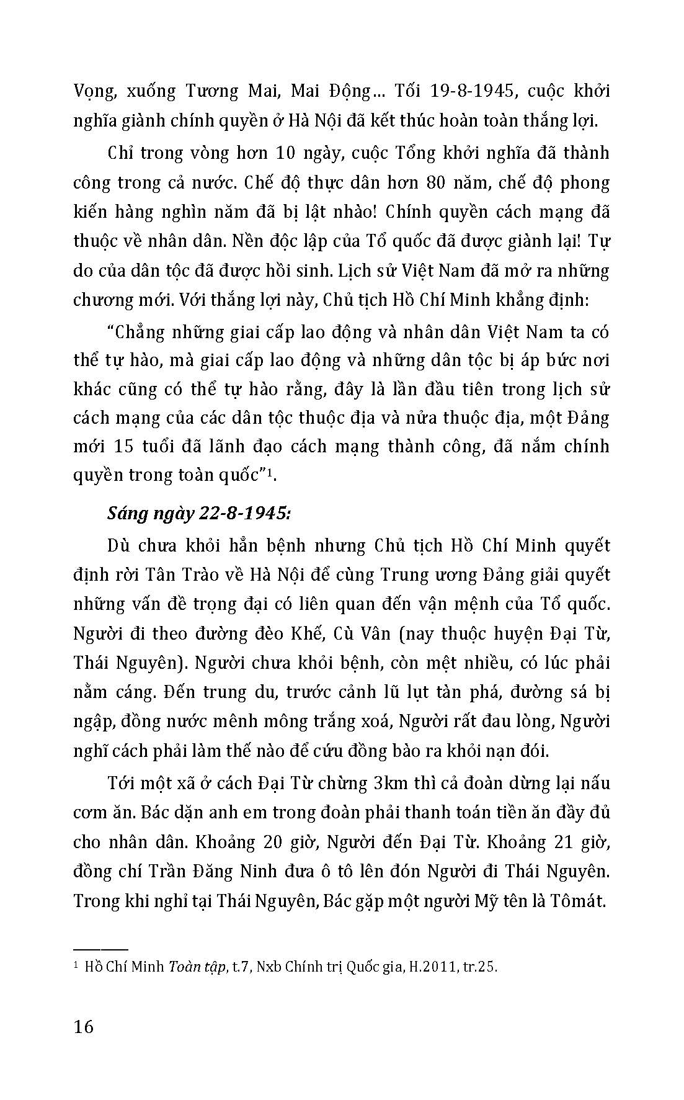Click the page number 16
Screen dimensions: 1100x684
(83, 1026)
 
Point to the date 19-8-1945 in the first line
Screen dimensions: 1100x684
(467, 91)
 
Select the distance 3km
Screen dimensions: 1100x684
(388, 784)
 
